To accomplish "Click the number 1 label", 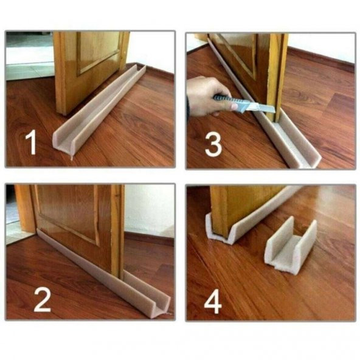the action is click(x=31, y=142).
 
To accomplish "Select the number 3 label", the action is click(x=213, y=144).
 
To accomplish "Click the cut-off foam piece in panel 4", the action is click(x=291, y=246).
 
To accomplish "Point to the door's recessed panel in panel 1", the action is click(x=99, y=52).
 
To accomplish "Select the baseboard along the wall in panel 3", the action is click(x=322, y=60).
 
